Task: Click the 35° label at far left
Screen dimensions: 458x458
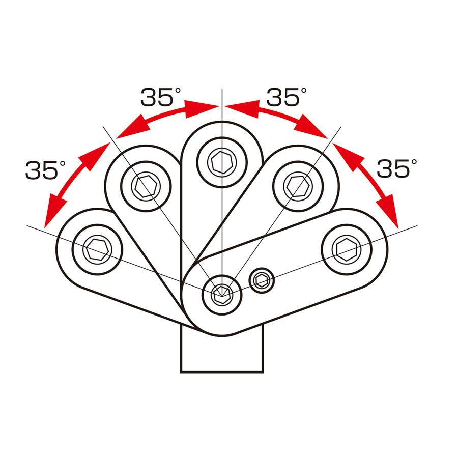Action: click(46, 169)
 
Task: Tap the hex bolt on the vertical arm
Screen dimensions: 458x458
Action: click(222, 162)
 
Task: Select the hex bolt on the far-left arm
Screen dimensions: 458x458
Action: click(97, 249)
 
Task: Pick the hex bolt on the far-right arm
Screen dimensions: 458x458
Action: click(347, 249)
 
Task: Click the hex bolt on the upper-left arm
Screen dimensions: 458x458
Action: click(146, 186)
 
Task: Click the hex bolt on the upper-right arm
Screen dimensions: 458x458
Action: click(298, 186)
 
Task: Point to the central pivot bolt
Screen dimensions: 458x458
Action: click(222, 295)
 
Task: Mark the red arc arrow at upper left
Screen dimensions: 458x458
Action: click(165, 115)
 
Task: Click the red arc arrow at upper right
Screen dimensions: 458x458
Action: click(278, 115)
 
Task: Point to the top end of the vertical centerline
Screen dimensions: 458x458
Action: click(222, 89)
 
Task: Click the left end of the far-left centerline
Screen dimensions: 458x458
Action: click(27, 225)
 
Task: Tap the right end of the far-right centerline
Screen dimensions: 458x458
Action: click(417, 225)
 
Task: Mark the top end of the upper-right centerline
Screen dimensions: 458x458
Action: click(341, 127)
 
